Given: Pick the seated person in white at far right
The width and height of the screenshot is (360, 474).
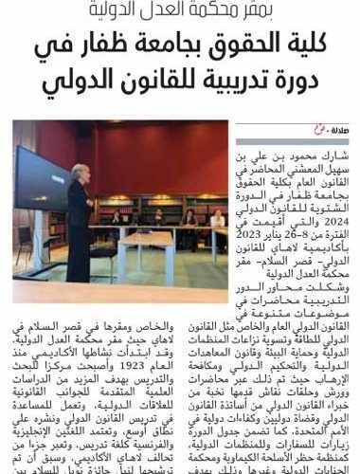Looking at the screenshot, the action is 217,220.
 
